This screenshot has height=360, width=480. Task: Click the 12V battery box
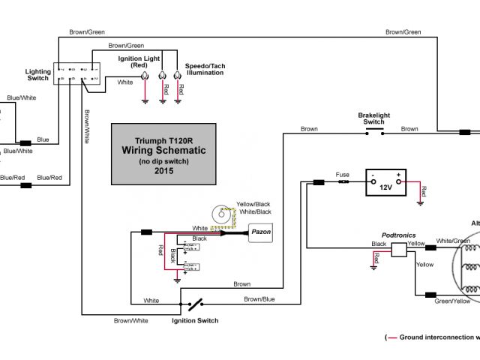385,183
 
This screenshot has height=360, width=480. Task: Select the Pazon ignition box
260,233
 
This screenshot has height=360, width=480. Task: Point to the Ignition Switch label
195,320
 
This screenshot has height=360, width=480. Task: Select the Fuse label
343,174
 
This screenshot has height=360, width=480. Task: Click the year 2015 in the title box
163,170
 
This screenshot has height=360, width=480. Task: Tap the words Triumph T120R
163,140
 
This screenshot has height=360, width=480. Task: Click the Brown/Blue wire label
259,298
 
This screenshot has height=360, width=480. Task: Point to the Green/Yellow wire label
453,301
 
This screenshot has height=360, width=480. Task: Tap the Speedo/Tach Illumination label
205,69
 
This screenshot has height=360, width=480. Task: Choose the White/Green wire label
453,240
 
